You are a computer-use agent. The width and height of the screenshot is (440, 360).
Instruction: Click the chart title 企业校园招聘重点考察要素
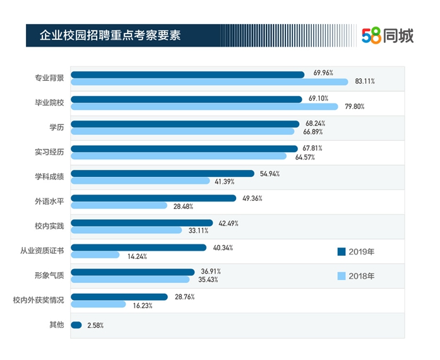[110, 35]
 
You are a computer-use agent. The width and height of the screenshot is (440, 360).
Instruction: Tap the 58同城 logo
[388, 36]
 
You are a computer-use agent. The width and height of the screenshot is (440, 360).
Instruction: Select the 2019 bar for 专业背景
[187, 75]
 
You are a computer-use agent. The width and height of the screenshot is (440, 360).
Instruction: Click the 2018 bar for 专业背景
[209, 81]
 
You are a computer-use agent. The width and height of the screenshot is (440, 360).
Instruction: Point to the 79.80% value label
[355, 106]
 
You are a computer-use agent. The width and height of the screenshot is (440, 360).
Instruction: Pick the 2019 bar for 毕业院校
[186, 99]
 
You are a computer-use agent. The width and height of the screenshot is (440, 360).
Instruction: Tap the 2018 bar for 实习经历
[179, 156]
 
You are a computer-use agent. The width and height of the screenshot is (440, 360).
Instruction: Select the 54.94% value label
[269, 173]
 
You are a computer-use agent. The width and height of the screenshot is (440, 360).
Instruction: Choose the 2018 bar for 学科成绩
[140, 181]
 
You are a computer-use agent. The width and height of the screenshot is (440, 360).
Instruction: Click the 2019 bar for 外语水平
[153, 198]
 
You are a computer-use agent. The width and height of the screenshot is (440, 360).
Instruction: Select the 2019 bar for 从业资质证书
[138, 248]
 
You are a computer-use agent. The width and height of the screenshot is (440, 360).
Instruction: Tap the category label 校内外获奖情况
[39, 300]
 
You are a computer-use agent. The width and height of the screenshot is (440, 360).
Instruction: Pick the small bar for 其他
[76, 325]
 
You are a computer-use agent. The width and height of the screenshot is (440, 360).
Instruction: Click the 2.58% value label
[95, 326]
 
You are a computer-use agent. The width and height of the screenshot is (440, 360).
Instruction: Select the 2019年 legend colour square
[342, 251]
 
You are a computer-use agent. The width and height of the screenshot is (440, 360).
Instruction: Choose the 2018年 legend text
[362, 275]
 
